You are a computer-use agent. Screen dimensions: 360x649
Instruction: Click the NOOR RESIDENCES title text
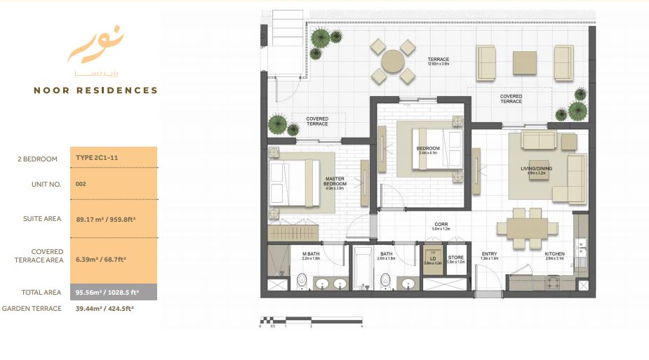pyautogui.click(x=96, y=91)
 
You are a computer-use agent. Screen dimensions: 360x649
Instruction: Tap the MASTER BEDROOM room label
pyautogui.click(x=335, y=182)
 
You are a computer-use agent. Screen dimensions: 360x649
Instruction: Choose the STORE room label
pyautogui.click(x=456, y=258)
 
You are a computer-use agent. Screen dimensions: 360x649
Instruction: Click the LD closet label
pyautogui.click(x=433, y=258)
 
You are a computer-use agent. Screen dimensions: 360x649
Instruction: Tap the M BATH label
pyautogui.click(x=312, y=254)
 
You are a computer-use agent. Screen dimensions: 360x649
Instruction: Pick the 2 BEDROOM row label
pyautogui.click(x=38, y=159)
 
